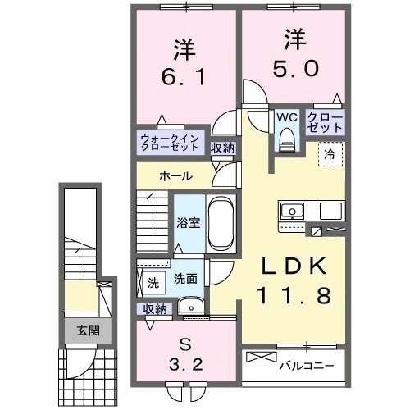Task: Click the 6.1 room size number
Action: (184, 79)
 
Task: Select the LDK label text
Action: (296, 267)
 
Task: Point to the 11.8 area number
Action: (296, 295)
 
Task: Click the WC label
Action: (286, 117)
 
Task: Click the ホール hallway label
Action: (175, 176)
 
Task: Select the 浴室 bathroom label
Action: (189, 222)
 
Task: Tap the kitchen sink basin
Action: (291, 212)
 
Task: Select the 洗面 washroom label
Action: (184, 279)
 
